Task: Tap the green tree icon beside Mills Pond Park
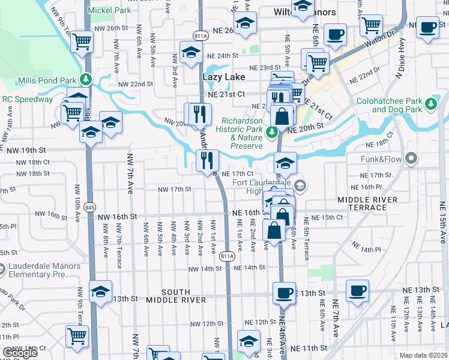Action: (x=87, y=79)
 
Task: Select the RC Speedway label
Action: (x=28, y=99)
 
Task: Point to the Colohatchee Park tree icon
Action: (x=430, y=104)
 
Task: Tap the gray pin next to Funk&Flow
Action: (x=411, y=158)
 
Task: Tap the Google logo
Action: (x=20, y=353)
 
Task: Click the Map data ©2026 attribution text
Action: (x=424, y=355)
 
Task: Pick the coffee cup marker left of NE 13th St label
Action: (x=284, y=293)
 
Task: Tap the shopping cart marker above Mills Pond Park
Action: (x=82, y=42)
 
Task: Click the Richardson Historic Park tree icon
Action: (x=273, y=131)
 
